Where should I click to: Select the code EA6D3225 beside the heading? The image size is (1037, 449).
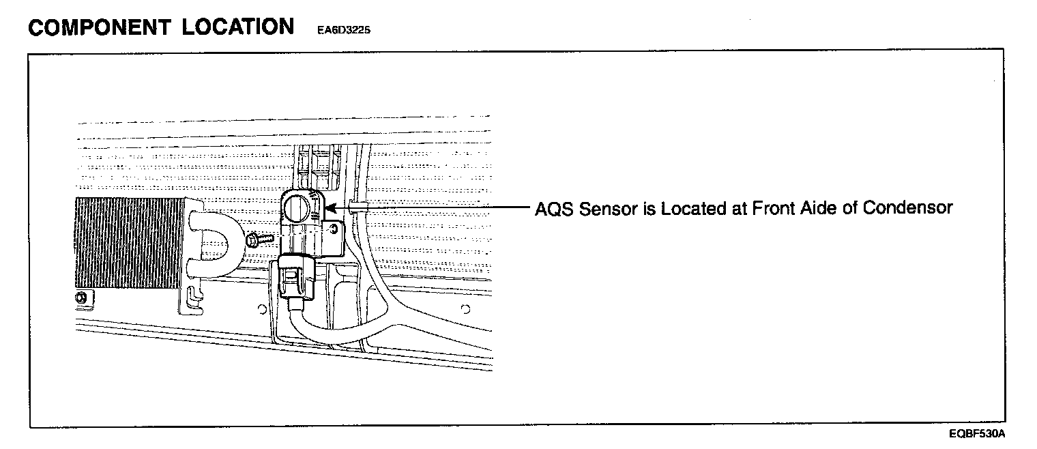coord(344,31)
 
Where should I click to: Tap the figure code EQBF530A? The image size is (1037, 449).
coord(977,434)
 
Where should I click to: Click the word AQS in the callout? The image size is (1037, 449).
coord(555,208)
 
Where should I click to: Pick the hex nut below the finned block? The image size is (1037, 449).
coord(83,297)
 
